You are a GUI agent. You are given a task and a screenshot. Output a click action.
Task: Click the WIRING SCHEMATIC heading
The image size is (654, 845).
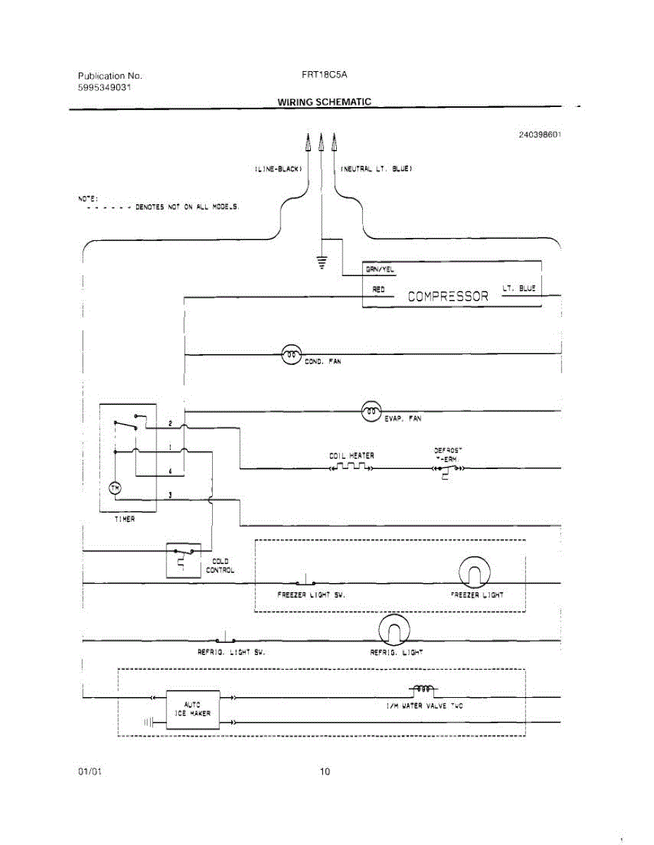(x=324, y=101)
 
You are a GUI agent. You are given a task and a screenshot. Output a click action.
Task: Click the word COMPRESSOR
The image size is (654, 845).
(x=448, y=296)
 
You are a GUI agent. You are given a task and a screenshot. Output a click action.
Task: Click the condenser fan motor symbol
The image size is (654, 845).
(x=291, y=355)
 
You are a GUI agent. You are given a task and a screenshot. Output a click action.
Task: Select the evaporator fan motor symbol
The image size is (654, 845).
(x=371, y=411)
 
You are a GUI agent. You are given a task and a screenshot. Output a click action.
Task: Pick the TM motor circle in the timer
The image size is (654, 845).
(x=116, y=488)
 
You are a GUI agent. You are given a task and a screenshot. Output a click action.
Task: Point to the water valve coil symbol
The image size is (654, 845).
(x=423, y=688)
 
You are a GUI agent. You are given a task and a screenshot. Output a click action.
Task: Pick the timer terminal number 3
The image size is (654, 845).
(x=170, y=495)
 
